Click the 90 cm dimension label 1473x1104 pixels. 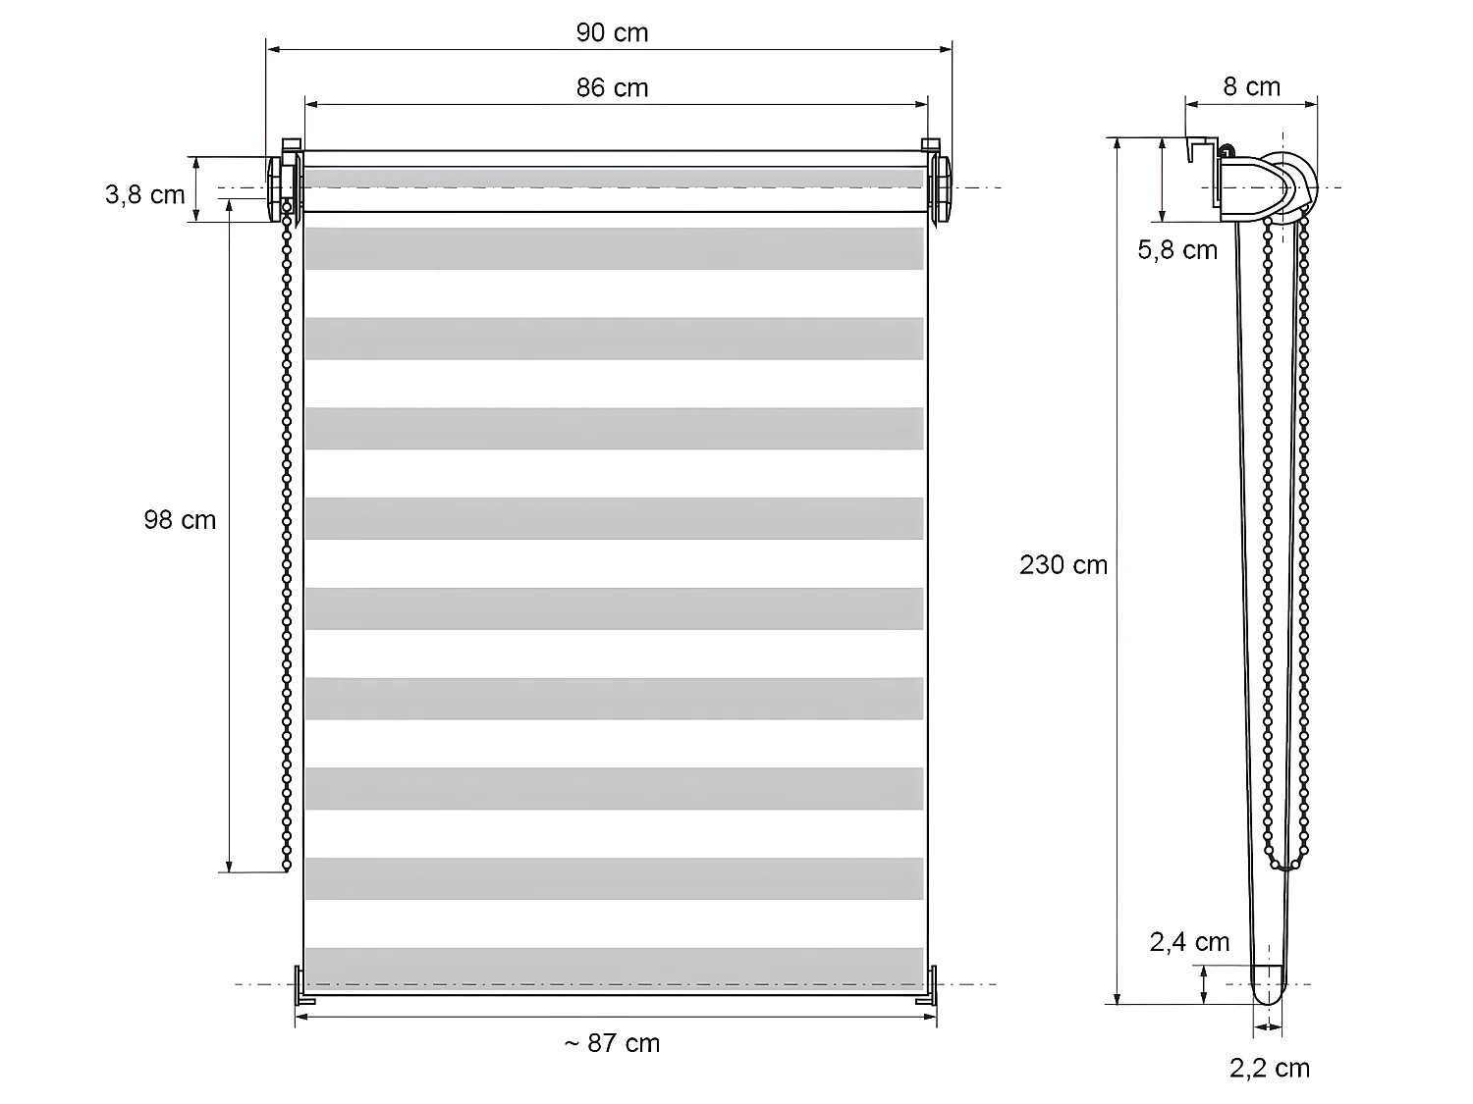tap(612, 33)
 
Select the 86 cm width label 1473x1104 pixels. tap(612, 88)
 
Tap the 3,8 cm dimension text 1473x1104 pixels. tap(145, 195)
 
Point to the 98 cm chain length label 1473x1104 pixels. tap(180, 520)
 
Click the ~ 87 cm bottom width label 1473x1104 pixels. tap(612, 1043)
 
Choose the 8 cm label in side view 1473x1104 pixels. tap(1251, 87)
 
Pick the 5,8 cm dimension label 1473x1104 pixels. tap(1177, 251)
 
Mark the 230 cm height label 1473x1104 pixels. tap(1063, 565)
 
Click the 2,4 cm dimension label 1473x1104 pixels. tap(1189, 943)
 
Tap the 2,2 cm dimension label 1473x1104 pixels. tap(1269, 1069)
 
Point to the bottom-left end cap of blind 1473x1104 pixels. tap(303, 986)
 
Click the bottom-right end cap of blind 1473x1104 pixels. tap(927, 986)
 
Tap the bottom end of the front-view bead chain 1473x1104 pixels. tap(287, 866)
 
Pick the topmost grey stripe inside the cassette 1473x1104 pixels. tap(614, 179)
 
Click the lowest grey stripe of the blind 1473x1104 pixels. tap(614, 967)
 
